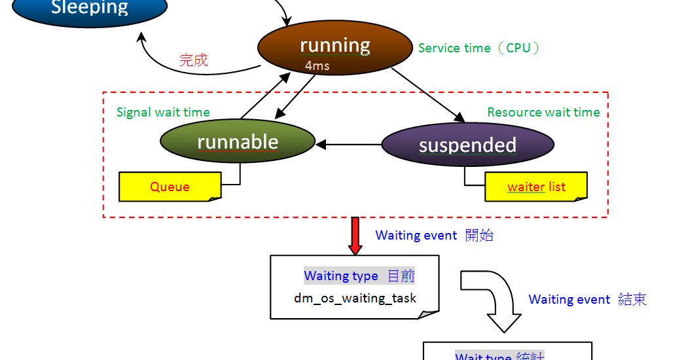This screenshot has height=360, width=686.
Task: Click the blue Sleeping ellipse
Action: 90,10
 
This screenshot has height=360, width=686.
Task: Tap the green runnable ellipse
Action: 238,142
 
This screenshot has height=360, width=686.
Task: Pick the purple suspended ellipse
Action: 467,145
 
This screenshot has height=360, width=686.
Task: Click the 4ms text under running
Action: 317,66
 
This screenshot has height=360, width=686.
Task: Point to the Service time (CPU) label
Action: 480,48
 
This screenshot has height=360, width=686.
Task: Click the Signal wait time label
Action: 163,112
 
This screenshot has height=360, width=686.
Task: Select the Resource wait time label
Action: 543,112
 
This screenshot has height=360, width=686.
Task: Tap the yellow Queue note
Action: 170,187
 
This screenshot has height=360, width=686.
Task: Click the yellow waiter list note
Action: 536,187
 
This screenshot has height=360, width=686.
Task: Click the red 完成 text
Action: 193,60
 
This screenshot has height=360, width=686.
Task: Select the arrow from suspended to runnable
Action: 348,144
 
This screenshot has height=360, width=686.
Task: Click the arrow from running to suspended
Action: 429,95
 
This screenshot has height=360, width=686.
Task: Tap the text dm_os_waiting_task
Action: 355,298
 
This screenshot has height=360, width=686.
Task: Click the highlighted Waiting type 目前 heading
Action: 359,276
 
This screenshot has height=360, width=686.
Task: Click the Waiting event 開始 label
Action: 434,236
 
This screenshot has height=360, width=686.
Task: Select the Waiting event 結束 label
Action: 587,299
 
